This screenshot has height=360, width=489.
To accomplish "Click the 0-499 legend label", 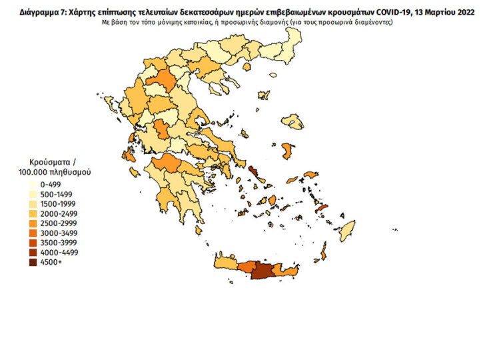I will [51, 184].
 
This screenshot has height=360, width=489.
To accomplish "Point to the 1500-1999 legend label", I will [59, 203].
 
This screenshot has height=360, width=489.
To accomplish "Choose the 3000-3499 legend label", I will [59, 233].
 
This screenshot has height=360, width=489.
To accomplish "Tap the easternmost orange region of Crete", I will [288, 271].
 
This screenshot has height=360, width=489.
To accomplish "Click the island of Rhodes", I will [324, 252].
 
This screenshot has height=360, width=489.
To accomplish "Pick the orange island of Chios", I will [288, 151].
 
